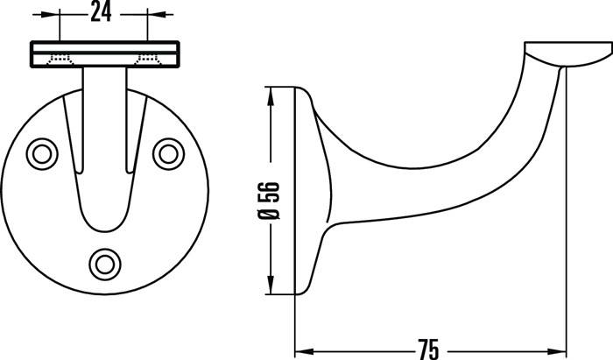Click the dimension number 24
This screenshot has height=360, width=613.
[x=104, y=13]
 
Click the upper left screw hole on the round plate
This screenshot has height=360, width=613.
[x=40, y=153]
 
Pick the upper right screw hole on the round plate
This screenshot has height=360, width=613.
[x=166, y=153]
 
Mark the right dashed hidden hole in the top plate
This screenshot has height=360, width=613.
[x=147, y=60]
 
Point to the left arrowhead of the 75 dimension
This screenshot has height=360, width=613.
[x=301, y=348]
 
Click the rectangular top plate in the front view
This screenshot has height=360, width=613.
[x=104, y=53]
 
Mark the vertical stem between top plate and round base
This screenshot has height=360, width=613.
[x=104, y=96]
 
